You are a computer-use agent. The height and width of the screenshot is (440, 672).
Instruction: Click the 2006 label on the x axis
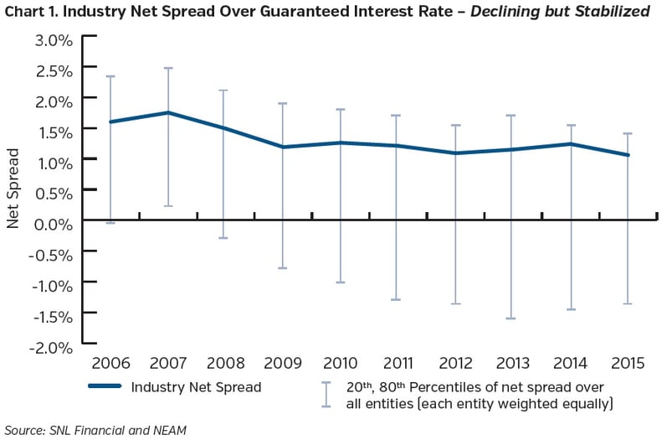110,365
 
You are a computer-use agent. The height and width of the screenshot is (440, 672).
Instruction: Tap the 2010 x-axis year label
341,365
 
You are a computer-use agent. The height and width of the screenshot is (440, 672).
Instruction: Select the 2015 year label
628,365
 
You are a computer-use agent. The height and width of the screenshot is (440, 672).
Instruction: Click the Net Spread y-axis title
13,189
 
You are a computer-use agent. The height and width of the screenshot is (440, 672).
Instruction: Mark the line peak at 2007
168,112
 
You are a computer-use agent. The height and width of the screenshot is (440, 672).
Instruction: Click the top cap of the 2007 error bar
168,68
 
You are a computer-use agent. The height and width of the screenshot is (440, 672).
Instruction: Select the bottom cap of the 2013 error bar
513,318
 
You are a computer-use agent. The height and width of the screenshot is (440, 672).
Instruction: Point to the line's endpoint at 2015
628,155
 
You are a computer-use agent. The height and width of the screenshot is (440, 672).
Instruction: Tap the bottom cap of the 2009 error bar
283,268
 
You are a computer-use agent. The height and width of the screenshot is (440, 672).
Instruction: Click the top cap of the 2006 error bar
110,76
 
